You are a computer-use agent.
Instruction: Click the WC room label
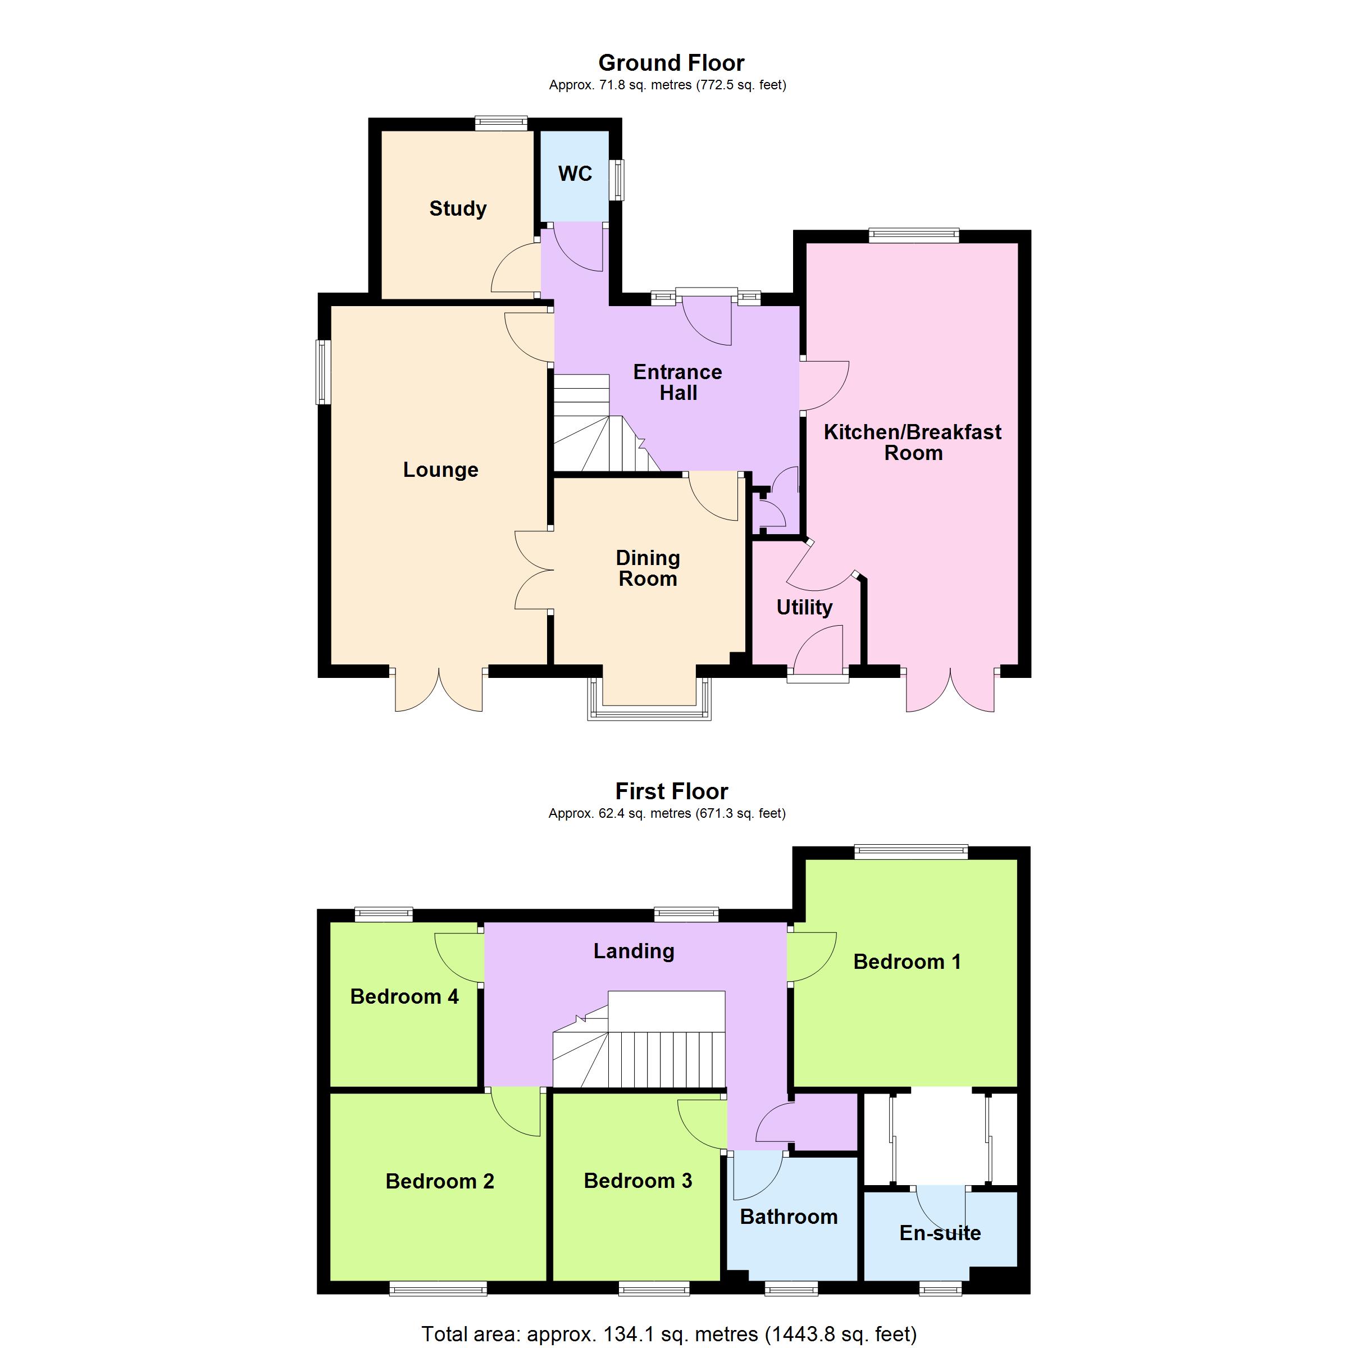(x=575, y=174)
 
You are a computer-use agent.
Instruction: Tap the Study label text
(x=458, y=208)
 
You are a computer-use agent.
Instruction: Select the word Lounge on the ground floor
(x=441, y=470)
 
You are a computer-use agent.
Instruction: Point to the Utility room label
(x=804, y=608)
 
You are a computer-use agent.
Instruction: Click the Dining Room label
(x=648, y=568)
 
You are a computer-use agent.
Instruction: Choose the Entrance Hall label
(x=677, y=382)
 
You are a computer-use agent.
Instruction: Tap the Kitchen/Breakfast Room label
(x=913, y=443)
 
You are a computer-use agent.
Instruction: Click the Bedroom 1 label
(x=907, y=962)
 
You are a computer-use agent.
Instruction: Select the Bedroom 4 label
(x=404, y=996)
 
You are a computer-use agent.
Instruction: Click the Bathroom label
(x=789, y=1217)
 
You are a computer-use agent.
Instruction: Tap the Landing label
(x=634, y=951)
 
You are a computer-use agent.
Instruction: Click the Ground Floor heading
(x=671, y=63)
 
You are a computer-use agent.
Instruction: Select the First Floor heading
(x=671, y=791)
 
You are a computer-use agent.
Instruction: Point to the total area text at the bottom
(x=668, y=1334)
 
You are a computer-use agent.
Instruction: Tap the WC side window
(x=617, y=180)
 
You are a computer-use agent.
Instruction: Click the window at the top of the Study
(x=501, y=124)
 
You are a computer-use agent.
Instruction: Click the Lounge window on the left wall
(x=323, y=372)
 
